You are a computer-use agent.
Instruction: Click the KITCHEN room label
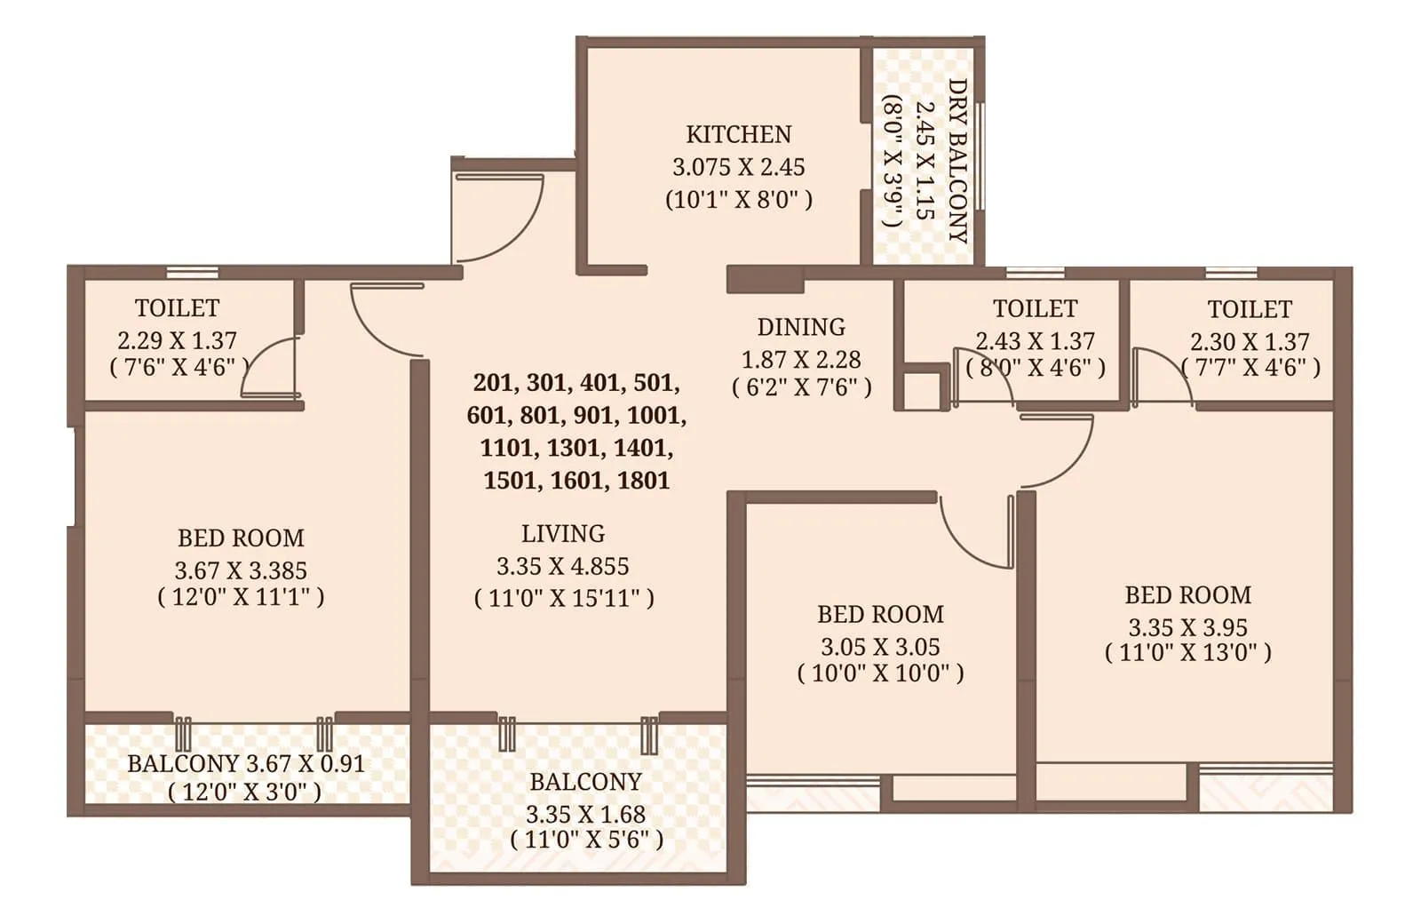coord(738,134)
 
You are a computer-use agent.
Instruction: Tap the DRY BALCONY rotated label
coord(957,160)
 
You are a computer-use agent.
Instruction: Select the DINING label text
coord(800,327)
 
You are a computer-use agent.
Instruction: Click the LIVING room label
coord(563,534)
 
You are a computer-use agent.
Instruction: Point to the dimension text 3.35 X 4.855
coord(563,566)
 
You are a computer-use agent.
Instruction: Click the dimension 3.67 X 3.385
coord(241,570)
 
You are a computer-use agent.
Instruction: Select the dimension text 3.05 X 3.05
coord(880,647)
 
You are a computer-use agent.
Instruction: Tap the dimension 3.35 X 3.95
coord(1187,627)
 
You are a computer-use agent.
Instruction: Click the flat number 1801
coord(643,481)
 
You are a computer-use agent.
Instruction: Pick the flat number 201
coord(493,383)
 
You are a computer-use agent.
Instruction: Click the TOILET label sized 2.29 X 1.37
coord(177,308)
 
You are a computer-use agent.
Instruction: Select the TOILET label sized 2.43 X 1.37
coord(1035,309)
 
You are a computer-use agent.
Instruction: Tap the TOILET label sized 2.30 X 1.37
coord(1249,310)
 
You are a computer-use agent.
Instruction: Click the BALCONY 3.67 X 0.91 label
coord(246,763)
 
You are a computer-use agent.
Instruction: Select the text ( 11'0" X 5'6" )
coord(586,840)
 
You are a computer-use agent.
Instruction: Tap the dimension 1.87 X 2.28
coord(800,360)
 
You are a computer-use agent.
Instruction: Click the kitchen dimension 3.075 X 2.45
coord(738,167)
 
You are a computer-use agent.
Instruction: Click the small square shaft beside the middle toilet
coord(922,389)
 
